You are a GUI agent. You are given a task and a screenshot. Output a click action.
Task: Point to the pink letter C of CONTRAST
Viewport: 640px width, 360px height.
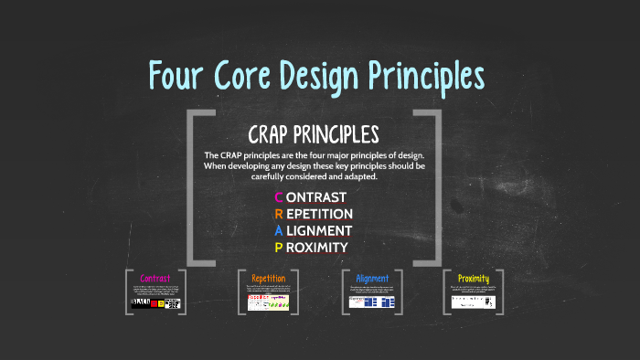click(x=279, y=197)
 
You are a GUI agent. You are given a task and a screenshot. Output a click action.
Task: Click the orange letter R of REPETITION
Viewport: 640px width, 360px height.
click(x=279, y=214)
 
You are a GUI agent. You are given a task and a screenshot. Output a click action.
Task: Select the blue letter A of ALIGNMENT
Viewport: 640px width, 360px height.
click(x=279, y=230)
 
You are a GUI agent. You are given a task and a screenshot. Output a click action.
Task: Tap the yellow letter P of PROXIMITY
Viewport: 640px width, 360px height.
click(x=279, y=247)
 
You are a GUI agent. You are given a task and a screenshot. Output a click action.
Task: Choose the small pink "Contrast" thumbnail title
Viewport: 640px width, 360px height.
click(x=155, y=278)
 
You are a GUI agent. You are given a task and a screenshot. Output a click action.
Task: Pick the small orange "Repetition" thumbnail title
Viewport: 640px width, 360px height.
click(x=269, y=278)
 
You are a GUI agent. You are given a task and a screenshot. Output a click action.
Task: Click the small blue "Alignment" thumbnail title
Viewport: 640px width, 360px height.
click(x=372, y=278)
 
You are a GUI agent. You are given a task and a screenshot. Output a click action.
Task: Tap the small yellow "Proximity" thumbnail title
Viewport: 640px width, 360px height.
click(x=473, y=278)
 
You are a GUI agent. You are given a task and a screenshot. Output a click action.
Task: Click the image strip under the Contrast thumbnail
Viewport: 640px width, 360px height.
click(x=155, y=303)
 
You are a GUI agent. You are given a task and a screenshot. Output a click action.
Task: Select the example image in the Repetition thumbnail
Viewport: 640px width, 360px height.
click(x=269, y=302)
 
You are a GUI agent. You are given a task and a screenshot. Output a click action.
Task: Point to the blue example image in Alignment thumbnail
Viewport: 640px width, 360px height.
click(x=372, y=302)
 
